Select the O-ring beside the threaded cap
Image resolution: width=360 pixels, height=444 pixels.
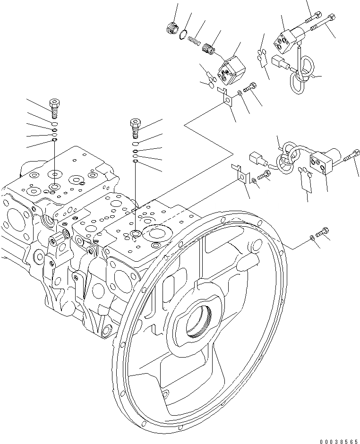click(x=183, y=34)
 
